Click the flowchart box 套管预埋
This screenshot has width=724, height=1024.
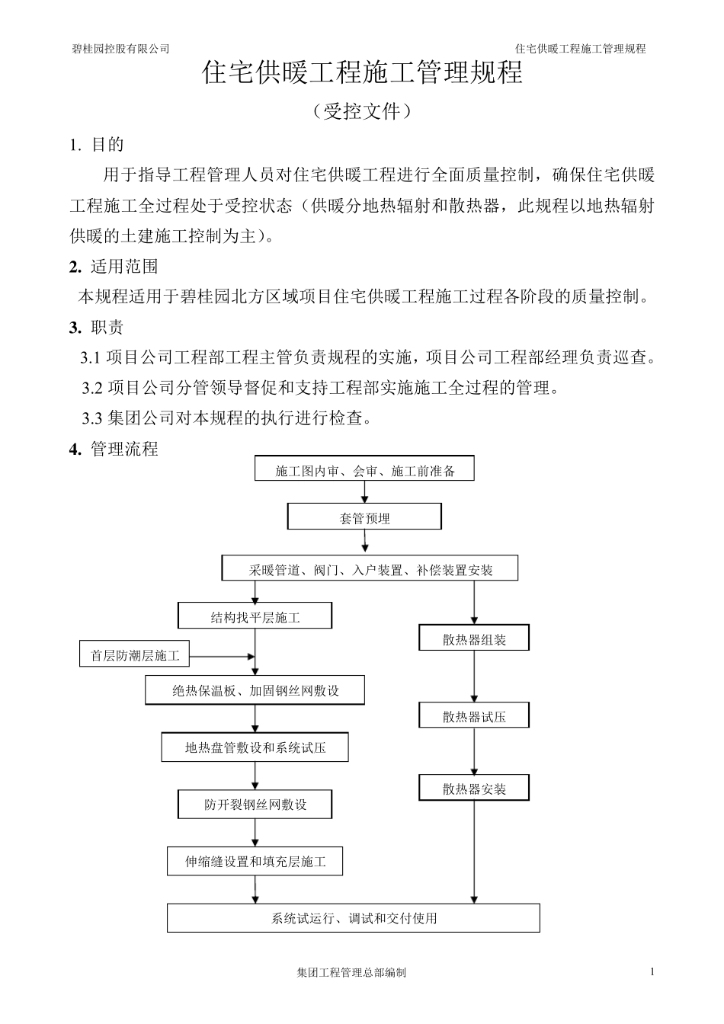pos(364,517)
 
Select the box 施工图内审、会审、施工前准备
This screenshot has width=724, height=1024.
pos(364,469)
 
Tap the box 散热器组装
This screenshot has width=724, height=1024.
pos(474,638)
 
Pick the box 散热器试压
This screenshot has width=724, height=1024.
pos(474,715)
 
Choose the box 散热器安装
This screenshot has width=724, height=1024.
pos(474,789)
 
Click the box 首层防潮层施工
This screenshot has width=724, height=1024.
pos(135,654)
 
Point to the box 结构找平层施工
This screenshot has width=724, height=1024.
pos(255,616)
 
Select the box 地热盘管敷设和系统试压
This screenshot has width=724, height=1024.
pos(255,747)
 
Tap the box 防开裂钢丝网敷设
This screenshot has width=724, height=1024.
pos(255,805)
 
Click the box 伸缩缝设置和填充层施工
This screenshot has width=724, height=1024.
pos(255,862)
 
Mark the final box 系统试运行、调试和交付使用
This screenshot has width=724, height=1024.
pos(354,918)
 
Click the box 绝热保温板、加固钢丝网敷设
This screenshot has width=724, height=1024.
pos(255,691)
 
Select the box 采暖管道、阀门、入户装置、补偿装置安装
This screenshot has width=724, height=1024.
pos(370,568)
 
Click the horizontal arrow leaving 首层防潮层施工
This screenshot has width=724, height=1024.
pos(221,655)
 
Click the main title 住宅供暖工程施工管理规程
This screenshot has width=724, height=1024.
pos(362,74)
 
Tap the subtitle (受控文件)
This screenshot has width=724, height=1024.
pos(362,112)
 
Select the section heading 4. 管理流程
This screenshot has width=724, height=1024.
pos(114,449)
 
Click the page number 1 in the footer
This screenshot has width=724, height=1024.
pos(652,971)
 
